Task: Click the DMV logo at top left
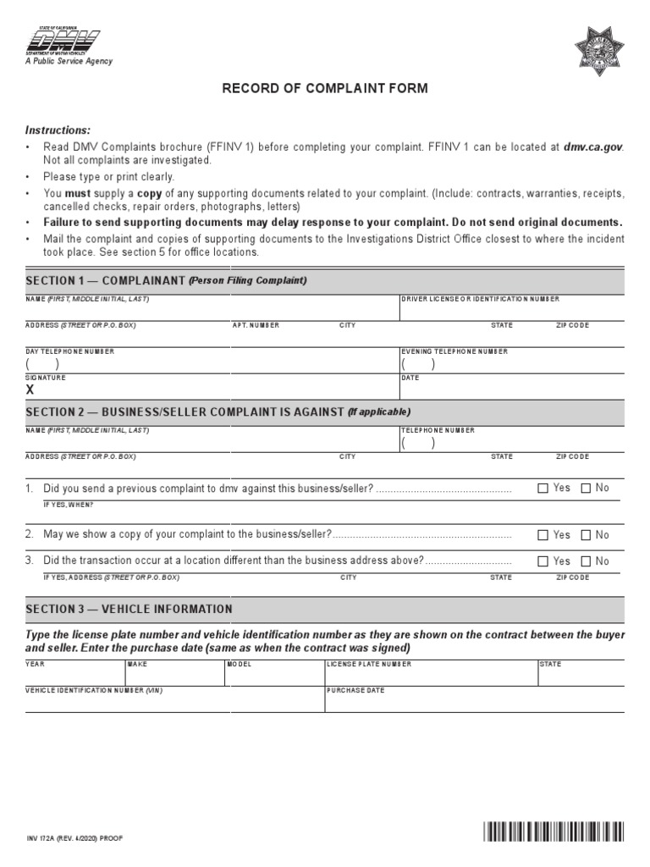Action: click(63, 41)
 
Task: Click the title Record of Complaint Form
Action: click(325, 88)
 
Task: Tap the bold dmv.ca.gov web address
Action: click(593, 146)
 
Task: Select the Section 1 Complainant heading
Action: click(166, 280)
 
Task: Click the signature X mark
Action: click(30, 390)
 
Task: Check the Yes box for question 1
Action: click(543, 489)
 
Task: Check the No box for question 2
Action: click(586, 535)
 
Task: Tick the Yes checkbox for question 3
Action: click(543, 561)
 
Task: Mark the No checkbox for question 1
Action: click(586, 489)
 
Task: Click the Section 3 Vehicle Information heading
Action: click(129, 609)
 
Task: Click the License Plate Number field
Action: click(430, 676)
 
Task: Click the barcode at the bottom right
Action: click(554, 832)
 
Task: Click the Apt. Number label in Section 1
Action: click(256, 326)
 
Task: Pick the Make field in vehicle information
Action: click(174, 676)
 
